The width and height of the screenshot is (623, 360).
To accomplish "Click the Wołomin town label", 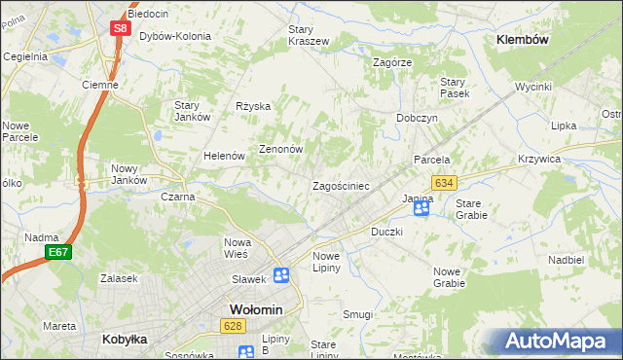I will (x=255, y=309).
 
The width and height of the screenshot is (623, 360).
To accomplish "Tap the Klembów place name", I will (x=523, y=40).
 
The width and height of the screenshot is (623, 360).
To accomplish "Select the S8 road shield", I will (x=119, y=28).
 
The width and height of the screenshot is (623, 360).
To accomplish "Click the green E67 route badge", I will (x=57, y=253).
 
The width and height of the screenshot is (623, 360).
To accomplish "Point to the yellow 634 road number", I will (x=445, y=183).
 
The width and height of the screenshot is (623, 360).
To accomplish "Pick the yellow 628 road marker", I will (x=231, y=326).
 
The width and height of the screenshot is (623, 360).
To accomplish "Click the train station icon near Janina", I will (x=421, y=207).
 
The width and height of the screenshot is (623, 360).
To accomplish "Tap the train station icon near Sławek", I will (x=280, y=275).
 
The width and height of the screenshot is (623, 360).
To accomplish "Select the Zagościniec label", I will (x=340, y=185).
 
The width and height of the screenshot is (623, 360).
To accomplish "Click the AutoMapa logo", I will (x=552, y=341).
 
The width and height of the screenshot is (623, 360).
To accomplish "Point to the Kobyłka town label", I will (x=124, y=340).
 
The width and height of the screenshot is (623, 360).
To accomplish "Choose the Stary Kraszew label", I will (x=308, y=35).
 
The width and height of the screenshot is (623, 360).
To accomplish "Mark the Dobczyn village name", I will (x=417, y=117).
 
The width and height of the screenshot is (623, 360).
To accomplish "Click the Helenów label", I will (x=223, y=156).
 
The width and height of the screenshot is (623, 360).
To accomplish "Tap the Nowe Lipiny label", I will (x=326, y=262).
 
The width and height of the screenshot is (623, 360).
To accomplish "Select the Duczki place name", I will (x=387, y=233).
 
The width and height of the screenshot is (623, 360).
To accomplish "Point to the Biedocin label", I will (x=147, y=15).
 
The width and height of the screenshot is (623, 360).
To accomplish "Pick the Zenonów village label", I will (x=281, y=150).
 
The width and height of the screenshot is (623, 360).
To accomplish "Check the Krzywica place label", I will (x=566, y=159).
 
